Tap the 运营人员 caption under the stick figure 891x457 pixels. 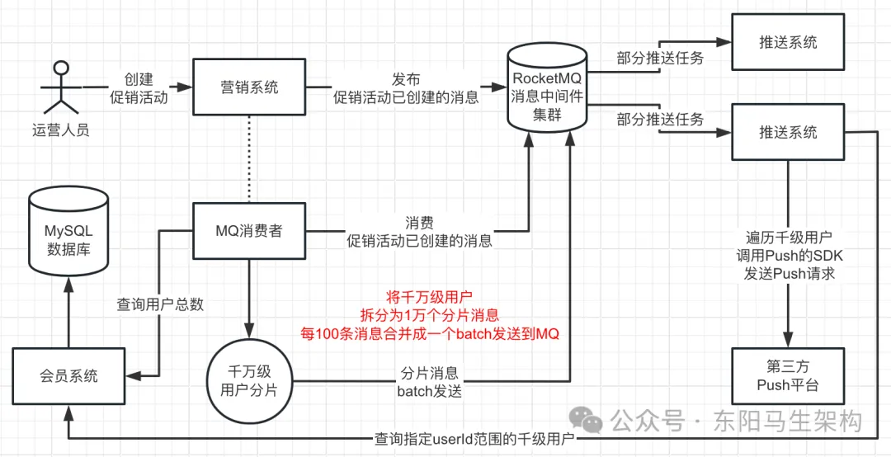61,133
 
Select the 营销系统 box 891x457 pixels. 249,87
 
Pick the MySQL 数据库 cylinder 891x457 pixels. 68,231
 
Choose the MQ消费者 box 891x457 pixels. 249,231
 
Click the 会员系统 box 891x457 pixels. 68,375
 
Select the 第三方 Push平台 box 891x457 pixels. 788,376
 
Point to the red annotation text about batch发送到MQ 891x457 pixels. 430,315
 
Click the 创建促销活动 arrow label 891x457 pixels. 138,87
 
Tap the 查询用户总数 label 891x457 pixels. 160,304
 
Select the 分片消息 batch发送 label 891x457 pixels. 430,383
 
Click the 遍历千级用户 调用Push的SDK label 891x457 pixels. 788,255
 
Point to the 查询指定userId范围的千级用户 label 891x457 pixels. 474,439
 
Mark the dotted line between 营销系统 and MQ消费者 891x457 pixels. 249,159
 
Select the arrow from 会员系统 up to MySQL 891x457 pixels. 68,311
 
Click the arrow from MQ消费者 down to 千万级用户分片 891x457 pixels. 249,299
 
